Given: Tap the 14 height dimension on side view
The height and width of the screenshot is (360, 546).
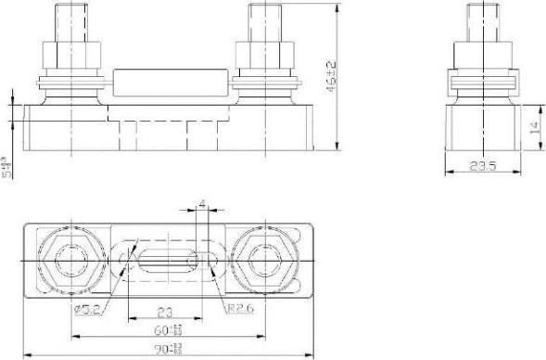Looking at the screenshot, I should pos(533,126).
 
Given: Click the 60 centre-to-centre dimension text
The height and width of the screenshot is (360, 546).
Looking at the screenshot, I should pos(169,329).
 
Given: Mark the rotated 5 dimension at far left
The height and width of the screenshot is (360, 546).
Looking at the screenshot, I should pos(7,168).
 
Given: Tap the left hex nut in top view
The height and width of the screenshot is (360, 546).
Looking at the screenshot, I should pos(69,261).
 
